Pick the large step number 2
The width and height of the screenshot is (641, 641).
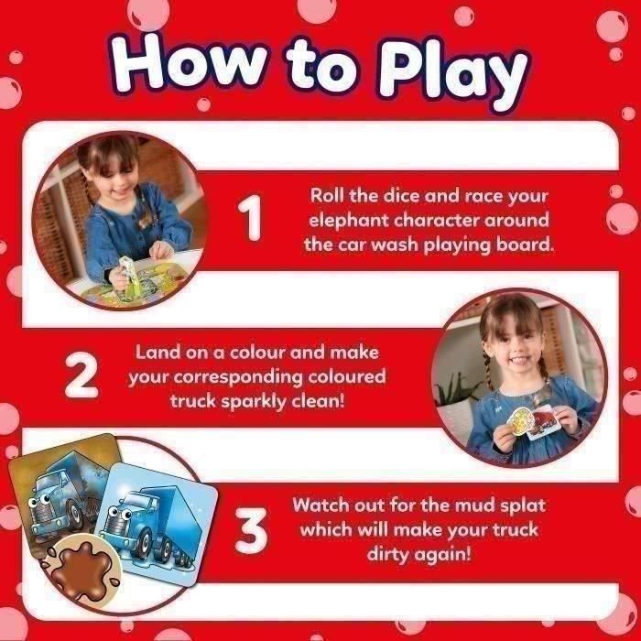82,376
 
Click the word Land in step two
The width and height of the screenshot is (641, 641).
157,352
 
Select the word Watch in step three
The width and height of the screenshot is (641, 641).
323,505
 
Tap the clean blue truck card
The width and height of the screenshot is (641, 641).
160,516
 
